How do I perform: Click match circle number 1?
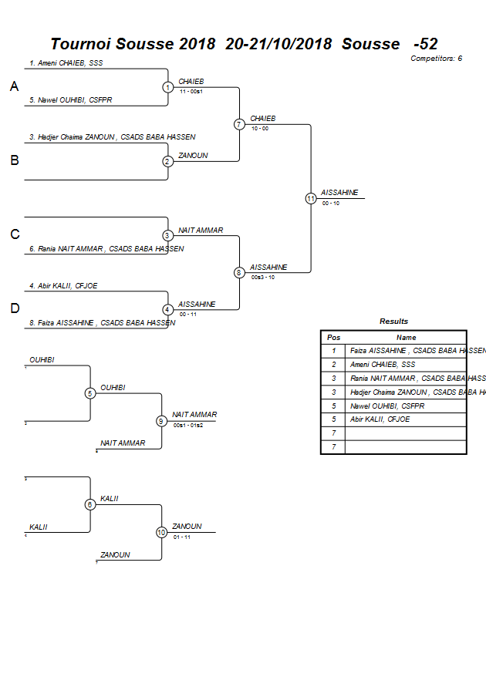click(167, 87)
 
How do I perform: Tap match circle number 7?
click(239, 124)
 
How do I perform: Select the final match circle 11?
click(311, 198)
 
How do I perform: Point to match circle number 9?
click(161, 421)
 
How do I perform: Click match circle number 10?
click(161, 532)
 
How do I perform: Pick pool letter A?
click(14, 87)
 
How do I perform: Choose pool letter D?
click(14, 308)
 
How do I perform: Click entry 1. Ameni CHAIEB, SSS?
click(66, 62)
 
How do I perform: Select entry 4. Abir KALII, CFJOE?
click(63, 286)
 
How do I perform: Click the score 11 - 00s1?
click(191, 92)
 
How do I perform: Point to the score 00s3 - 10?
click(262, 277)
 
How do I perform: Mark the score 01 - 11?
click(182, 537)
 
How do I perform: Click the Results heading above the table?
click(393, 322)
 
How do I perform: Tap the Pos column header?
click(333, 337)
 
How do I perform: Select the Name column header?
click(406, 337)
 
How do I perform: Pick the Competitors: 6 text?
click(436, 59)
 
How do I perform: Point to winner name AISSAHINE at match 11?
click(339, 193)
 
